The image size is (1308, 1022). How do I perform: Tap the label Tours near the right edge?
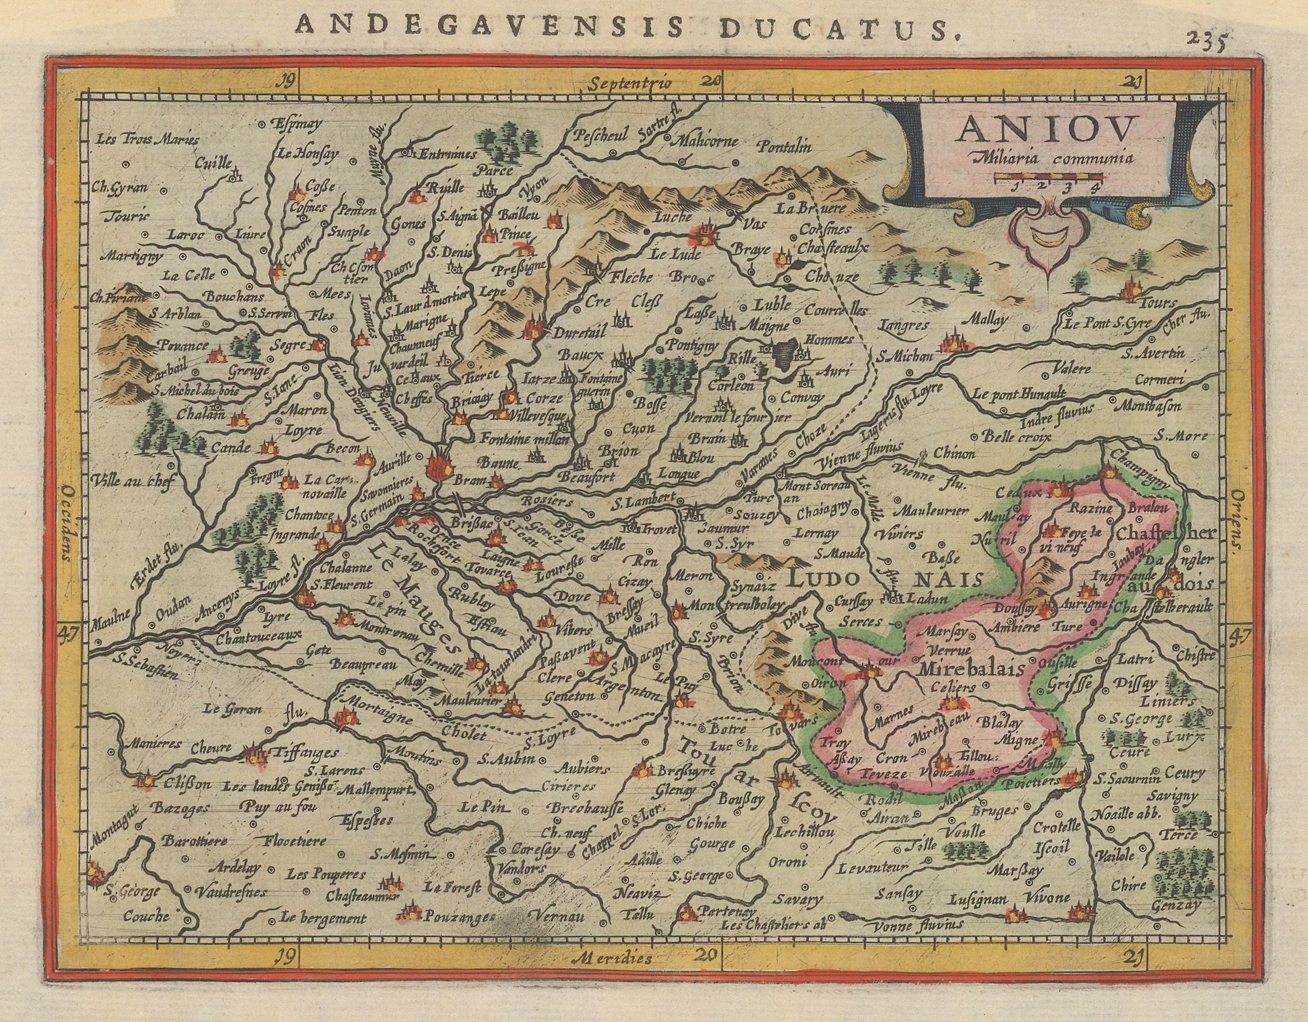[1157, 303]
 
